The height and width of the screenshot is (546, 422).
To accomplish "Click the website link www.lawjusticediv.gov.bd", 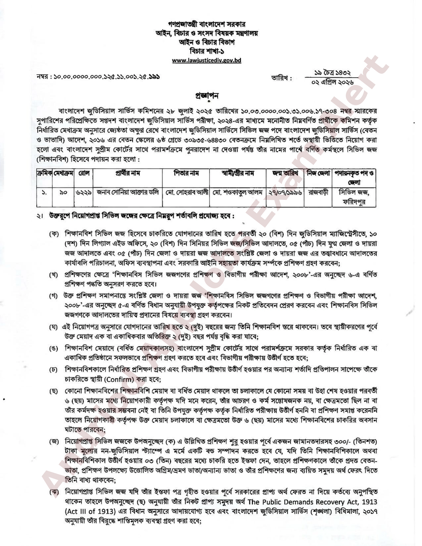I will pos(206,61).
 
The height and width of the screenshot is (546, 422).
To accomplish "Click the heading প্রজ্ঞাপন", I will pos(207,96).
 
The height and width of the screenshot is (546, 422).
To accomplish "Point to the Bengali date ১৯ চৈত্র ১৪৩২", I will pos(332,73).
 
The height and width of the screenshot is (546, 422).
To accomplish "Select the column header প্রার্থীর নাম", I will pos(128,173).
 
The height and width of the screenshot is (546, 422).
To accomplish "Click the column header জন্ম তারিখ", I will pos(285,173).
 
